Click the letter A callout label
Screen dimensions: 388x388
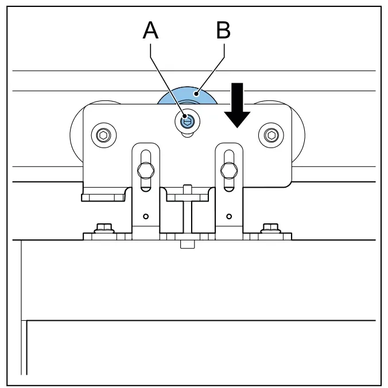point(150,30)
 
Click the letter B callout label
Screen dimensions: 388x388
point(223,30)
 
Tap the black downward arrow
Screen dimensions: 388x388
point(237,105)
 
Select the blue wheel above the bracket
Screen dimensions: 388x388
point(187,95)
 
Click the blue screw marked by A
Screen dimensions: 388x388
point(187,122)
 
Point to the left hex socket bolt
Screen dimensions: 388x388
point(104,135)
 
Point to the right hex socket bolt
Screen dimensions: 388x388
point(271,135)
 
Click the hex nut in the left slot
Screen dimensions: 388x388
point(146,170)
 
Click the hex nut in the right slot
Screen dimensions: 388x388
point(229,170)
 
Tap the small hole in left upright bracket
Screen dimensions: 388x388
point(146,216)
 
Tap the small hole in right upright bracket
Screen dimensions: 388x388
point(229,216)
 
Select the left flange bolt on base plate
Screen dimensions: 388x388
point(104,228)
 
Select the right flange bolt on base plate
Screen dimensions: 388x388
point(270,228)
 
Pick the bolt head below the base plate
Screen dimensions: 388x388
point(187,245)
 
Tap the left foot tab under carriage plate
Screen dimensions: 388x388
point(103,195)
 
